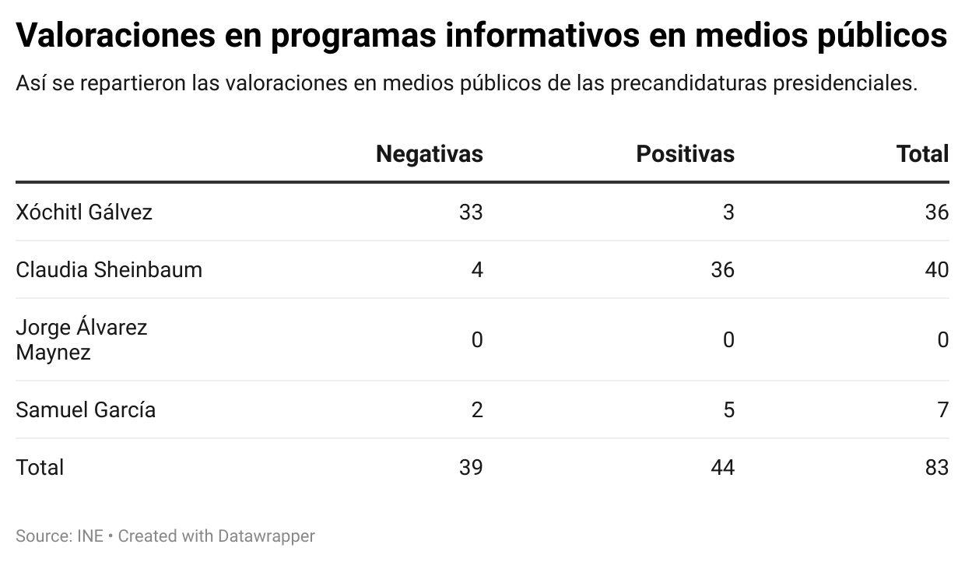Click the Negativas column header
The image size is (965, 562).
click(x=429, y=154)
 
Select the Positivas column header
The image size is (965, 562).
click(x=685, y=154)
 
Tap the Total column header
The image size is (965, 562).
click(x=922, y=154)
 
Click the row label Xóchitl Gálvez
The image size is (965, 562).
click(x=84, y=212)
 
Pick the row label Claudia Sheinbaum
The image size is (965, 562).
click(x=109, y=269)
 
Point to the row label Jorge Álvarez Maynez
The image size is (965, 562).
click(x=81, y=339)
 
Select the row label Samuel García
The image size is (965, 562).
click(x=86, y=409)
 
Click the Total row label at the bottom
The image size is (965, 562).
click(x=40, y=467)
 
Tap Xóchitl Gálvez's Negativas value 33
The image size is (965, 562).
click(x=470, y=212)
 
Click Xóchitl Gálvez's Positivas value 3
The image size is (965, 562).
click(x=728, y=212)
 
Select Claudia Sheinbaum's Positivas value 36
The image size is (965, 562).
click(x=721, y=269)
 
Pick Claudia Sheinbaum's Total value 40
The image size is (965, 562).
click(x=936, y=269)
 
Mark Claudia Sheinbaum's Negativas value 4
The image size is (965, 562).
click(x=476, y=269)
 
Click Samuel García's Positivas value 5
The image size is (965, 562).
click(x=728, y=409)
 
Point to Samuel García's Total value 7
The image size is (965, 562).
click(x=942, y=409)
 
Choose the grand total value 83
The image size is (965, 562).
click(x=936, y=467)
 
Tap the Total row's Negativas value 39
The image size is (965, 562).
click(x=470, y=467)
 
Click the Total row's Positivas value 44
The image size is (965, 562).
click(x=721, y=467)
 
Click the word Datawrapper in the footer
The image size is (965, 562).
click(x=266, y=536)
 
